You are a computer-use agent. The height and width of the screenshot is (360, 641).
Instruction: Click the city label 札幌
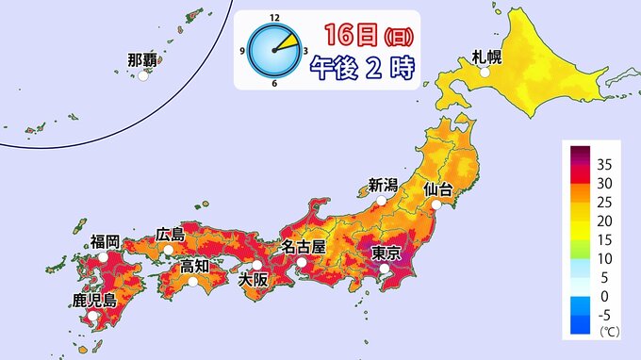point(487,57)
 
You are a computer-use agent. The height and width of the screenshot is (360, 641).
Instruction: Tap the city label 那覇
point(142,60)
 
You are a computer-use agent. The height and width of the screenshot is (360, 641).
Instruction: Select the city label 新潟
point(383,185)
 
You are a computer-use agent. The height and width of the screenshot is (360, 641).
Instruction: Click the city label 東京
point(387,253)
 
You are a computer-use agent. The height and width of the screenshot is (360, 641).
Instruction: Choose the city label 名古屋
point(304,247)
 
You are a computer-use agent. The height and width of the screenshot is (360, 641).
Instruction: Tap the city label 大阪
point(253,279)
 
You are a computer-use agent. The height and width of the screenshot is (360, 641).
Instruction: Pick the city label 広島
point(171,234)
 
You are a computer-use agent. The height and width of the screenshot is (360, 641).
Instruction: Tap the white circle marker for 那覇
point(143,77)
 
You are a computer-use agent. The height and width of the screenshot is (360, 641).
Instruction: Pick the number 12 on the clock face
point(274,18)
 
